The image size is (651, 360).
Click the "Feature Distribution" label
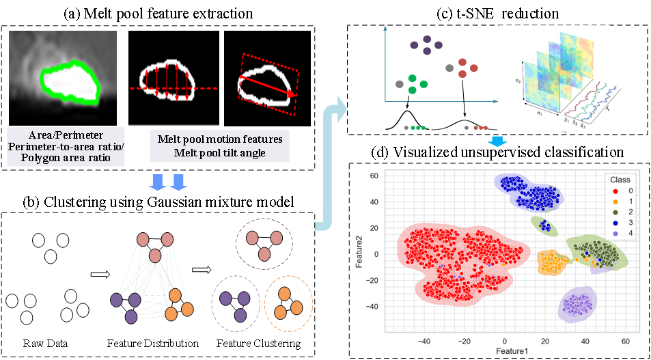[152, 342]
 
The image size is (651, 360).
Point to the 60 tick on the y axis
[375, 176]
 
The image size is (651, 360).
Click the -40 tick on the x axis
[424, 340]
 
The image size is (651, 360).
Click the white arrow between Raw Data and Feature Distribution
[100, 275]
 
